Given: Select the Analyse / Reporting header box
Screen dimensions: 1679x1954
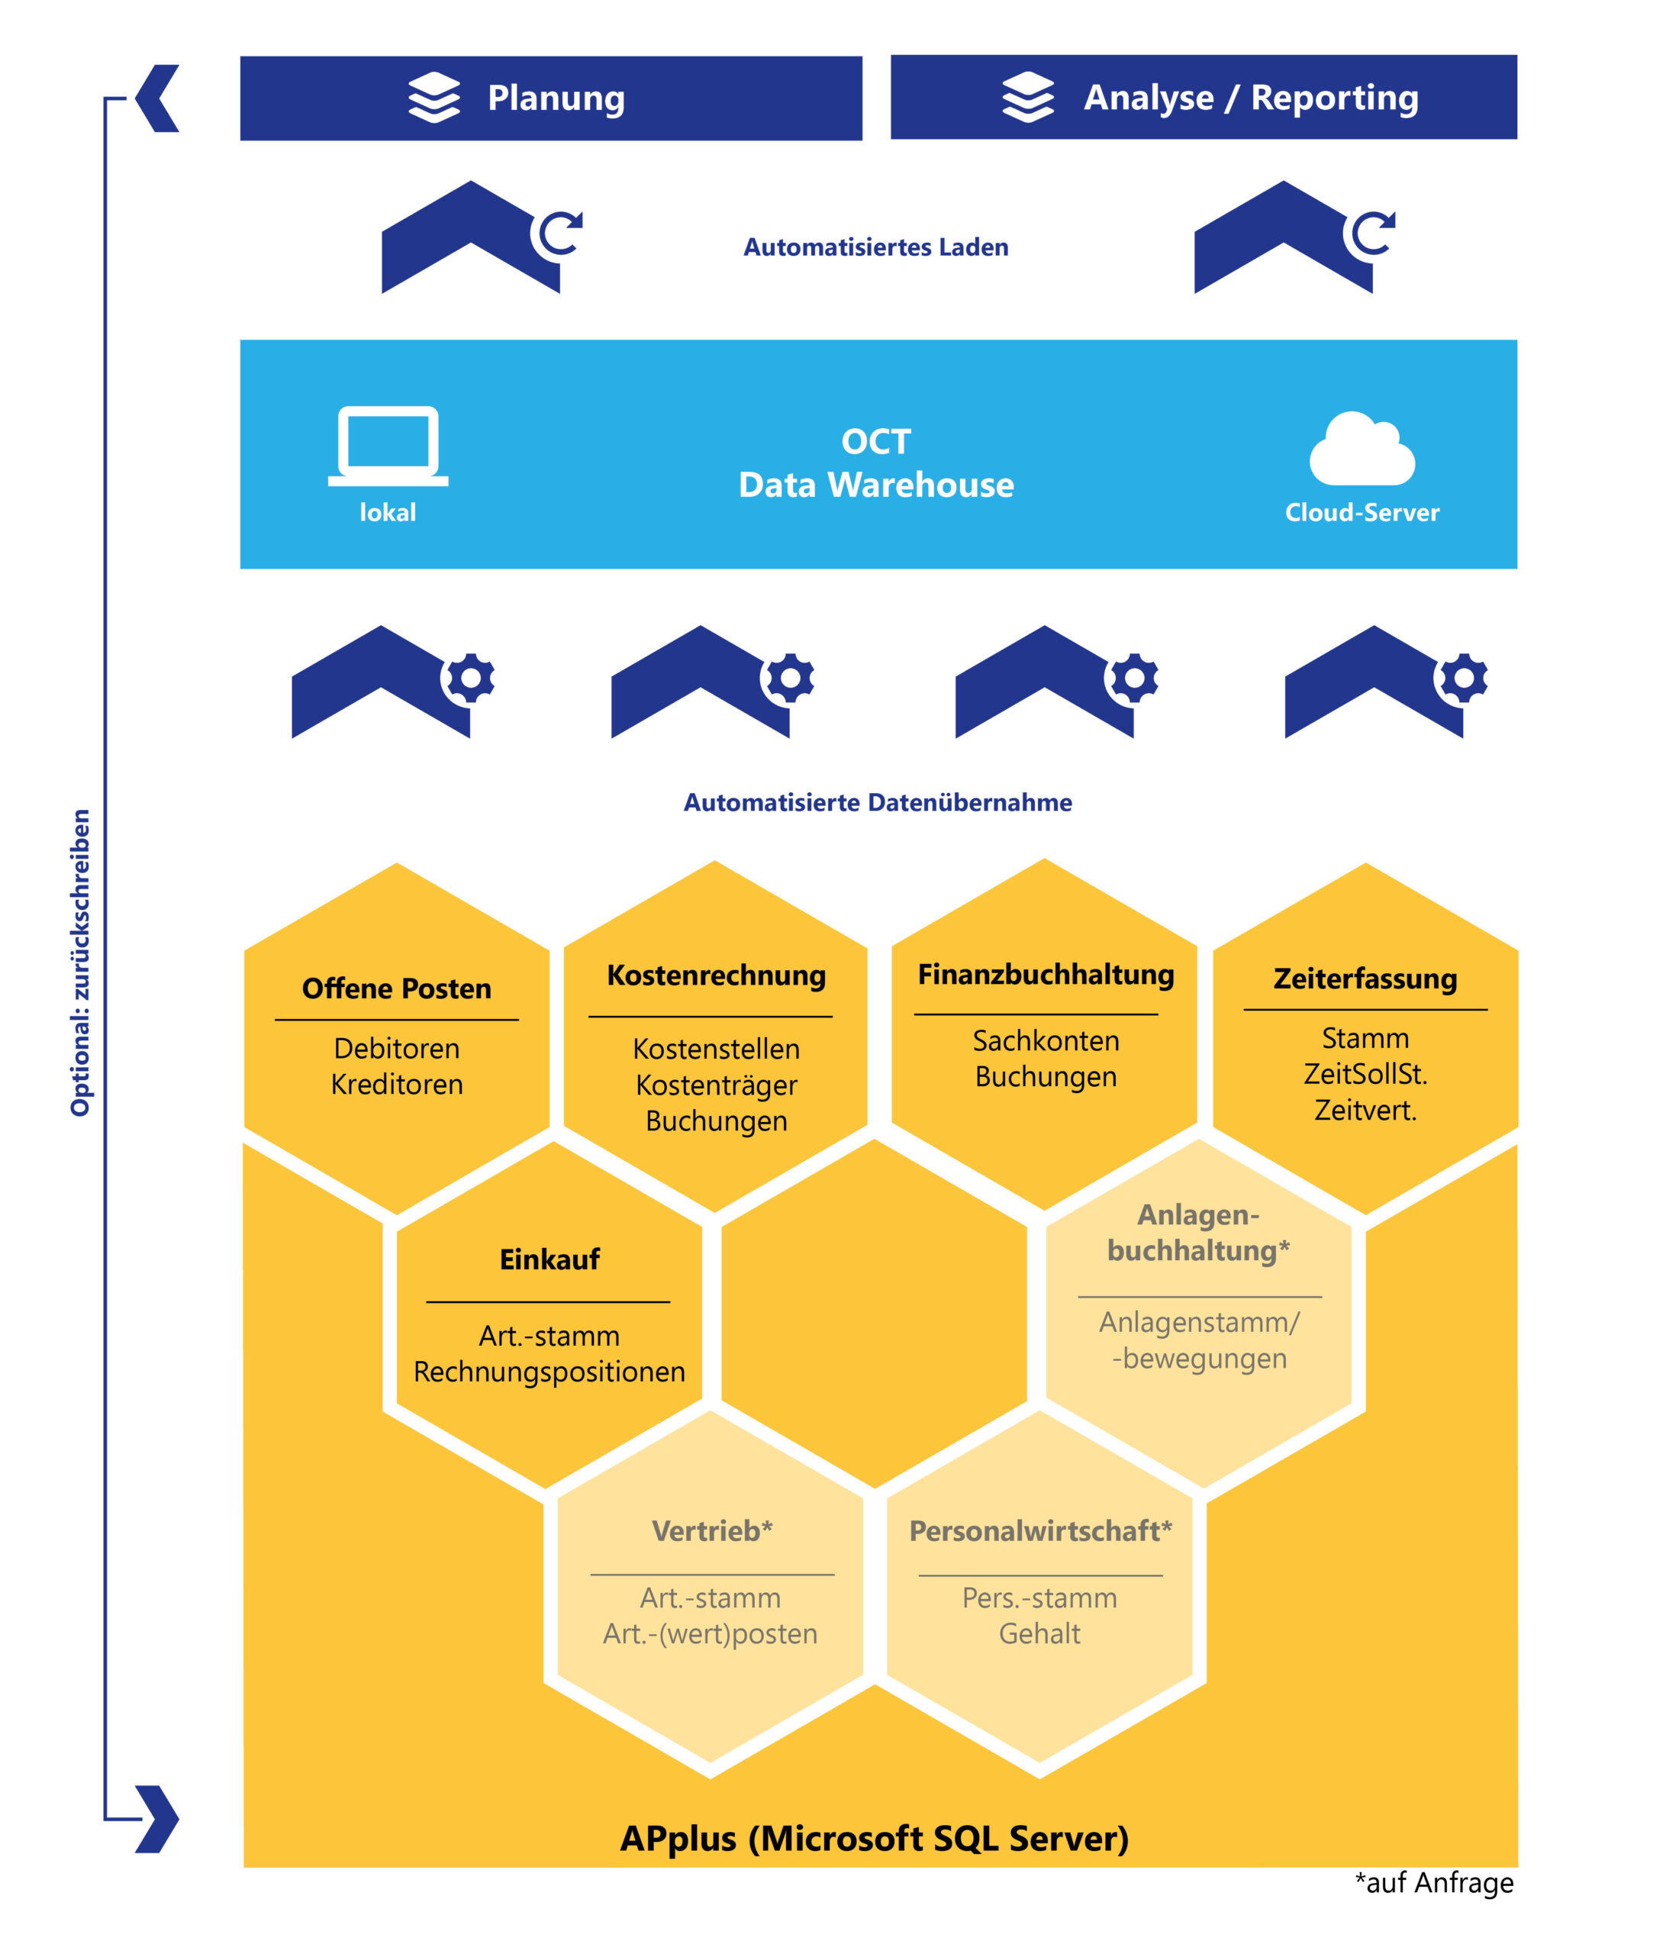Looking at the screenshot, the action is point(1203,97).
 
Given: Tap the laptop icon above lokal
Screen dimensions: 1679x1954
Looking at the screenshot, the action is point(388,446).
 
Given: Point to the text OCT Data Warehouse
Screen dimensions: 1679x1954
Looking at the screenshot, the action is point(876,463).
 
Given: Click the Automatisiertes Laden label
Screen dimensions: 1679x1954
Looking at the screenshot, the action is point(876,247).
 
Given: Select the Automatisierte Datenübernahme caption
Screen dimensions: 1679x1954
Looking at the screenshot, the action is point(878,802).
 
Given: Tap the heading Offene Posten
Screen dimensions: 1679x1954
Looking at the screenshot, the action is point(397,988).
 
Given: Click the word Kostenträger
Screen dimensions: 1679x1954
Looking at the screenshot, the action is point(717,1085).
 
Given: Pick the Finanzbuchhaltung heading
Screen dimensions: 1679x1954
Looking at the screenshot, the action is point(1046,975).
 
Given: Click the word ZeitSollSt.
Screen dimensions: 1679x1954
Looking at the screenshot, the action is point(1365,1074).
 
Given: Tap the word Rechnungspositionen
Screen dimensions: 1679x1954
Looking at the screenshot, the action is point(549,1372).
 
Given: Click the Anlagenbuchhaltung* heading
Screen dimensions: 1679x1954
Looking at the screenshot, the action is point(1198,1233).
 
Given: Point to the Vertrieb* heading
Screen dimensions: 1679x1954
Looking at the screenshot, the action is point(712,1530).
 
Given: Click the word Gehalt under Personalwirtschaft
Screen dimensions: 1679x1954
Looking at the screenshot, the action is point(1039,1633).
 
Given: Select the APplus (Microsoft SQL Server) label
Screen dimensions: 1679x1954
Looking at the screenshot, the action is point(874,1839).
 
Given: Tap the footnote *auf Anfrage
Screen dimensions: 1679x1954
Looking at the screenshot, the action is point(1434,1882).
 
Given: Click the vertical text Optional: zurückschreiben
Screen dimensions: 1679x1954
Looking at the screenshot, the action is point(80,962).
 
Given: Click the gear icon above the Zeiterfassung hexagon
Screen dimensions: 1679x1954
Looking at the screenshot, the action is point(1463,678).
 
